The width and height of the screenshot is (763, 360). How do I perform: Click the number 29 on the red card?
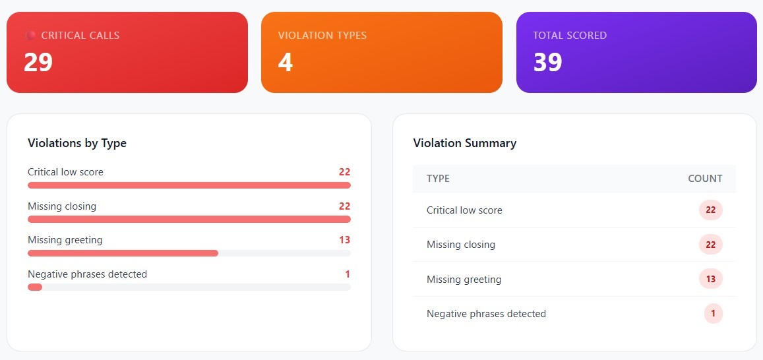[38, 63]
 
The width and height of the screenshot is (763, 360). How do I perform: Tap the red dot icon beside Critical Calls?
[30, 35]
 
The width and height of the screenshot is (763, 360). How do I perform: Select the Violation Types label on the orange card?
[322, 35]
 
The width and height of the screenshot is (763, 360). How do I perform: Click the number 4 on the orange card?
[285, 63]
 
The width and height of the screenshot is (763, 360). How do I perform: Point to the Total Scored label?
[570, 35]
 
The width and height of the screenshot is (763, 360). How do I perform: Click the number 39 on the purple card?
[547, 63]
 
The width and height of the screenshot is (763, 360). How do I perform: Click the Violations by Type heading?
[77, 143]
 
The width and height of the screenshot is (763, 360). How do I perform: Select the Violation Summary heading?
[464, 143]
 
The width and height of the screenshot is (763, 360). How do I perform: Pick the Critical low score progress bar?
[189, 185]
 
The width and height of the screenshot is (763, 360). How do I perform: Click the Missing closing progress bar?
[189, 219]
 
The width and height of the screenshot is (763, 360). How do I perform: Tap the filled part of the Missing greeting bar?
[123, 253]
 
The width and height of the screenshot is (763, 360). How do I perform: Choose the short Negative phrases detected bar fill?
[35, 287]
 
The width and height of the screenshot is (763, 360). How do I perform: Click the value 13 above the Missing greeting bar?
[344, 240]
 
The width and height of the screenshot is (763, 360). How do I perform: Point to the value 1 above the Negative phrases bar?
[347, 274]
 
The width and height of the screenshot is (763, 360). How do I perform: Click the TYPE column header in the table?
[438, 179]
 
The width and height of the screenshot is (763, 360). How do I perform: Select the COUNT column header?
[705, 179]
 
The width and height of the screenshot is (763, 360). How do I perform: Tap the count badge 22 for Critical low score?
[711, 210]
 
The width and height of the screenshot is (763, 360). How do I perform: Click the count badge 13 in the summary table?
[711, 279]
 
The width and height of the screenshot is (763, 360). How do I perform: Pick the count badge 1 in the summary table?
[712, 314]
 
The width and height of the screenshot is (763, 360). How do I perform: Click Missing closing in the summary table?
[460, 245]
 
